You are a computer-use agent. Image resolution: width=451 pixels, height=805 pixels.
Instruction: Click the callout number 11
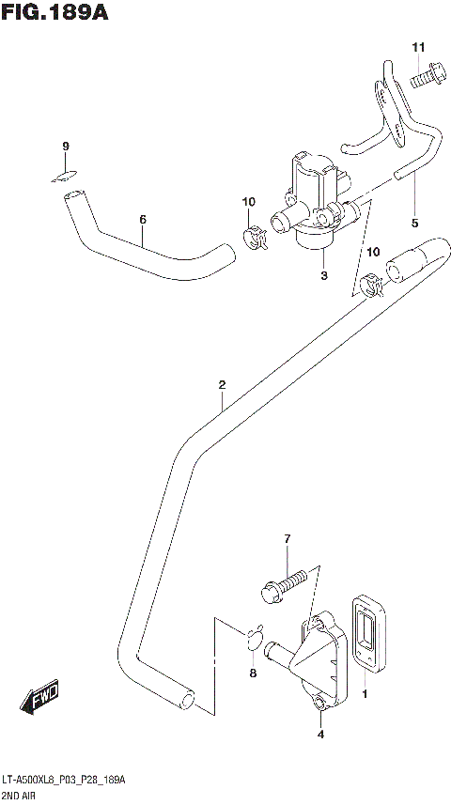418,47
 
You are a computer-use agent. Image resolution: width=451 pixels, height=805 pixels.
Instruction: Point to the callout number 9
66,146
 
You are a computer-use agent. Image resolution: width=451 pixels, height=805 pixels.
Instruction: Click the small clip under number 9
64,173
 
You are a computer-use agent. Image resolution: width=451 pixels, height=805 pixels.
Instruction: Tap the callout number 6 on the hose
143,220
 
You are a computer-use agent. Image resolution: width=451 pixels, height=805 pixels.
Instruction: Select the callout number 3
323,275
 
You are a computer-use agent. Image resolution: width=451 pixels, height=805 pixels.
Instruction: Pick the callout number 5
414,223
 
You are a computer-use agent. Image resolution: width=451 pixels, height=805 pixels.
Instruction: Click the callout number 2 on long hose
222,384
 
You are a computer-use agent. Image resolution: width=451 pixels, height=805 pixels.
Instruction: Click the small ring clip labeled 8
254,641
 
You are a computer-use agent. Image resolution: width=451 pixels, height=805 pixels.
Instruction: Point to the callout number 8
251,673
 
